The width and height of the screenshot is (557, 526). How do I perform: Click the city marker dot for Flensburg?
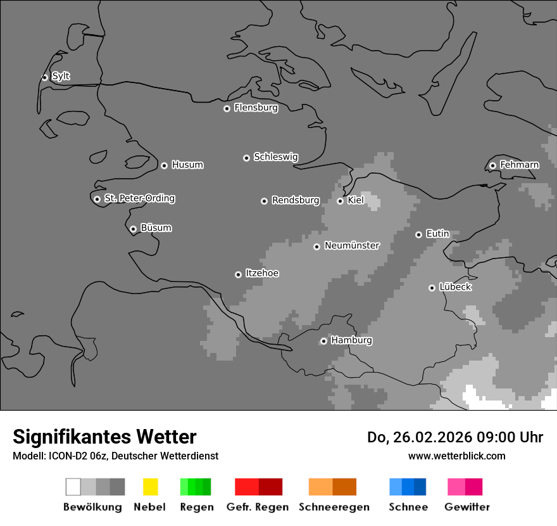(x=227, y=108)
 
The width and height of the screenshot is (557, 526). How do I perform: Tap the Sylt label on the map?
(x=61, y=76)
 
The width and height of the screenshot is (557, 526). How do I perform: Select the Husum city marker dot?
(x=164, y=165)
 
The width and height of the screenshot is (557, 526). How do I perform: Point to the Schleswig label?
(x=275, y=157)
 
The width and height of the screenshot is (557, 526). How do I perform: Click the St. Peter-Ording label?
(x=139, y=198)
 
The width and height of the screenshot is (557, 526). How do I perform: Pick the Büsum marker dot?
(x=133, y=229)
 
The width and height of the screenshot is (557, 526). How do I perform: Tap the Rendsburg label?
(x=295, y=200)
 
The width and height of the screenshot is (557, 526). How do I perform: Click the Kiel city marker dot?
(x=340, y=201)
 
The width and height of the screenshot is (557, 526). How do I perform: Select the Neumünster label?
(x=351, y=245)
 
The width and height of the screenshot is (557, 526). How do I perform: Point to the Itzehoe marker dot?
(x=238, y=274)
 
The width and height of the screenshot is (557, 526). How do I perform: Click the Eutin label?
(x=437, y=234)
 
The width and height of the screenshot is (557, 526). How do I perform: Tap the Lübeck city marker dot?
(x=432, y=288)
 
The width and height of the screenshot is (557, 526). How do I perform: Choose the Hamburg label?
(x=351, y=340)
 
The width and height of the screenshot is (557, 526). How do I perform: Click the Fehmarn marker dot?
(x=492, y=166)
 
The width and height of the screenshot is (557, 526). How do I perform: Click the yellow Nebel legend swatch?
(x=150, y=487)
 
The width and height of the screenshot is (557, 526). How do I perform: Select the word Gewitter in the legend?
(x=466, y=507)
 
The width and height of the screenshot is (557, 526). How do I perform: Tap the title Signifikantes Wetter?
(x=104, y=437)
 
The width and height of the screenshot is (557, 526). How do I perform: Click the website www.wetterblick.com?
(x=456, y=456)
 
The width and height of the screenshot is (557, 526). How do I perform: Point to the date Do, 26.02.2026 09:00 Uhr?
(x=454, y=437)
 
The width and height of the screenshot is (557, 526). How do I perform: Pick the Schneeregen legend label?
(x=334, y=507)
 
